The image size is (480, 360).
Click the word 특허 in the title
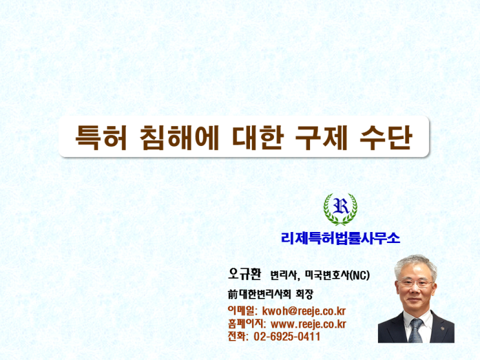point(101,137)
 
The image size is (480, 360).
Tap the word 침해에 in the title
point(180,137)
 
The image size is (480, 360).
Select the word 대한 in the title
point(258,137)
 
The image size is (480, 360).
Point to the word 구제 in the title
point(322,137)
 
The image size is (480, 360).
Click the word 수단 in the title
point(386,137)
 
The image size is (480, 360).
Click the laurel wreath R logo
point(340,209)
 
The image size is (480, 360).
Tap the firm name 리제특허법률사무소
point(340,238)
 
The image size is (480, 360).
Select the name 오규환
point(244,274)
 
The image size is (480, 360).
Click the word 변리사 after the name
point(284,275)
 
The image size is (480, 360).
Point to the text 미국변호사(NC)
point(337,275)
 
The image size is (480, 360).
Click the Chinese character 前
point(233,295)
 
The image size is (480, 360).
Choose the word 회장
point(304,295)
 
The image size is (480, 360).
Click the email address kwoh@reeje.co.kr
point(304,311)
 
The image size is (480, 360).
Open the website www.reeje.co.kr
point(309,324)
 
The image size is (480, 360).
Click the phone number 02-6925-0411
point(287,337)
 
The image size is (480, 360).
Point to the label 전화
point(238,336)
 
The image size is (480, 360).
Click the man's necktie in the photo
point(415,330)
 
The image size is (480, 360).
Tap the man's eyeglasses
point(415,283)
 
